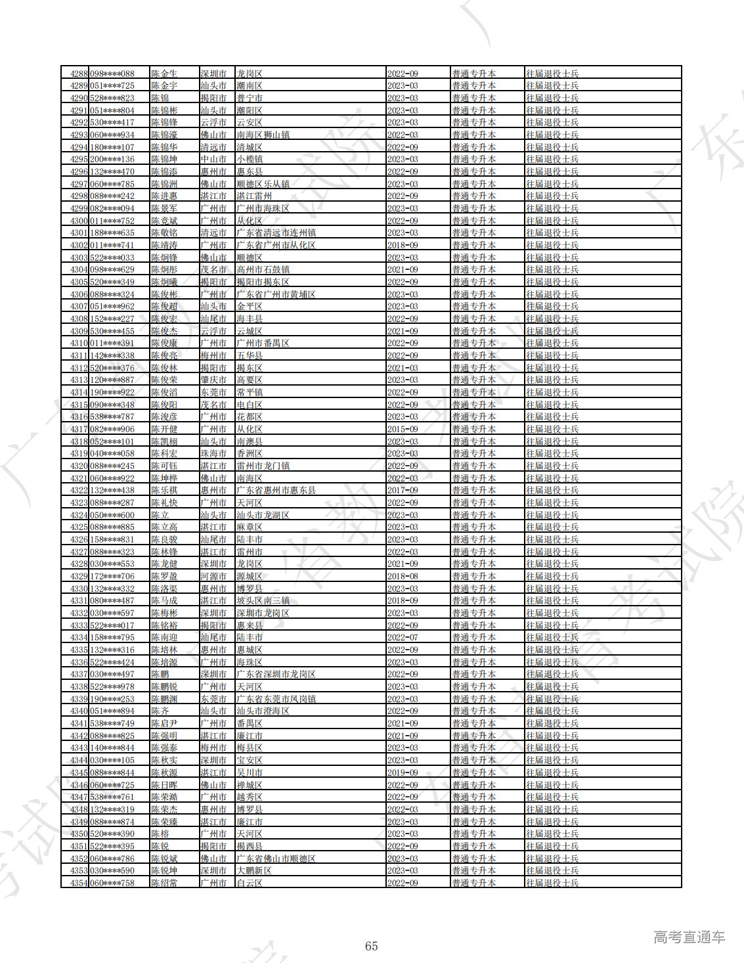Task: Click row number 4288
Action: (x=79, y=74)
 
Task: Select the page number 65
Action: (x=372, y=946)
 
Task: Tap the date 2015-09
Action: (x=403, y=429)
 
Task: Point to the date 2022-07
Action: (x=403, y=637)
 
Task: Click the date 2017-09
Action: (x=403, y=490)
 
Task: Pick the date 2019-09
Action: (x=403, y=773)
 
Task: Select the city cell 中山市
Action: (x=213, y=159)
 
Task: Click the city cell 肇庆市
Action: (x=213, y=380)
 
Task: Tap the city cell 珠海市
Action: (x=213, y=453)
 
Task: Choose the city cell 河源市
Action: (x=213, y=576)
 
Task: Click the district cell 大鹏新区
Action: (x=254, y=870)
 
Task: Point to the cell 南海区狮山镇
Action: (x=263, y=135)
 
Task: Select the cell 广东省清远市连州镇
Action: (x=276, y=233)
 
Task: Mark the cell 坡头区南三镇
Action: (x=263, y=600)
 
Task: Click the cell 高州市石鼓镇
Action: (x=263, y=269)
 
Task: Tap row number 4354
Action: (x=79, y=883)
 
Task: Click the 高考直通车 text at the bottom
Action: (x=689, y=937)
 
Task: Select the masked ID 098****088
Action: (x=112, y=74)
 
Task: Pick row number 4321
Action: (x=79, y=478)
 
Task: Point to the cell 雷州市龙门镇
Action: (x=263, y=466)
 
